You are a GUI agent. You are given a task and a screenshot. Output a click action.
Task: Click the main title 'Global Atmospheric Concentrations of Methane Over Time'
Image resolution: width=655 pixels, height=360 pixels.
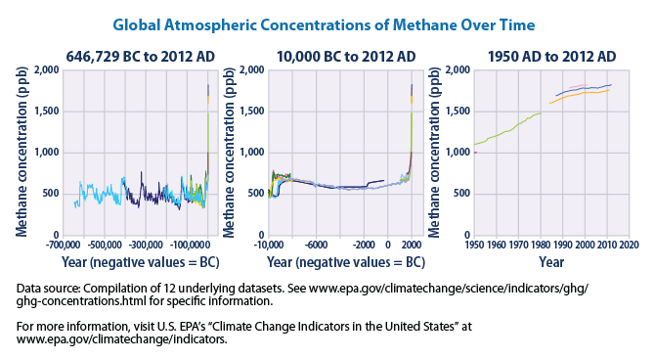(327, 22)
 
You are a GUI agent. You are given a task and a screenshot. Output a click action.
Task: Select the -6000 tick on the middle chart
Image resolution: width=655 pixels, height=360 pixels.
(314, 245)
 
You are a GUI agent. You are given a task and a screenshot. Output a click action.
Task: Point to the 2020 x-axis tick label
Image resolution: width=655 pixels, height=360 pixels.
(628, 245)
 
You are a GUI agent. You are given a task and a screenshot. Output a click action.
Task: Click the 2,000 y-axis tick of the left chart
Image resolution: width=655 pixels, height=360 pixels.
(45, 70)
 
